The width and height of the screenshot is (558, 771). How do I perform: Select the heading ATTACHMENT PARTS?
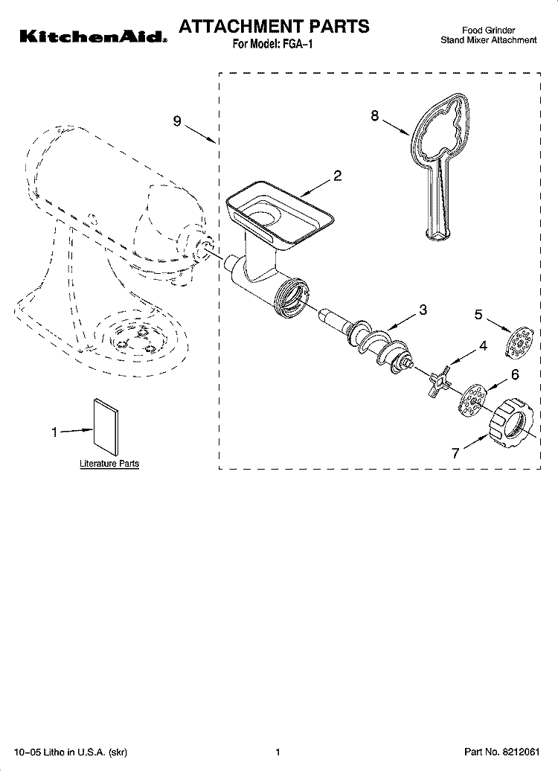click(x=274, y=26)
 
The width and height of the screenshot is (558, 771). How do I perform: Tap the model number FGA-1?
click(x=298, y=44)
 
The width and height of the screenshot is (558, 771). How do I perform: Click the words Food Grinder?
click(x=488, y=31)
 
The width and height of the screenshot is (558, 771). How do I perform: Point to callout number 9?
click(x=177, y=121)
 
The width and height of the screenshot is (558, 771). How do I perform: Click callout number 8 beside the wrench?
click(x=375, y=115)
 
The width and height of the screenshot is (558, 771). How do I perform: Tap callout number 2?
click(x=337, y=176)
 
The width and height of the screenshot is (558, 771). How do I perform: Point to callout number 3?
click(x=423, y=310)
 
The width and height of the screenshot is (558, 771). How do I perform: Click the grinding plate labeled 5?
click(x=520, y=342)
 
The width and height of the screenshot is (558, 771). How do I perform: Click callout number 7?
click(x=455, y=453)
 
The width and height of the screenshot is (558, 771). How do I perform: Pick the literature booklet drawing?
click(x=105, y=427)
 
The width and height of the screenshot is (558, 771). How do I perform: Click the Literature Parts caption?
click(x=109, y=464)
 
